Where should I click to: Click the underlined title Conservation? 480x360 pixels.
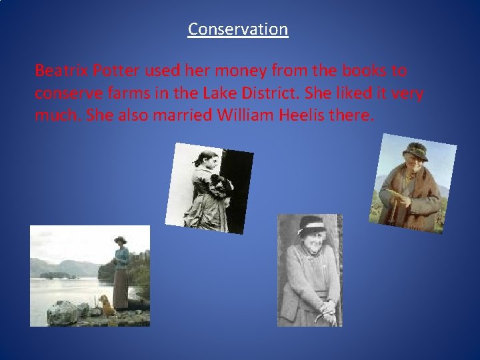tap(238, 29)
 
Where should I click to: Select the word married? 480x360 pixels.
tap(175, 115)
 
